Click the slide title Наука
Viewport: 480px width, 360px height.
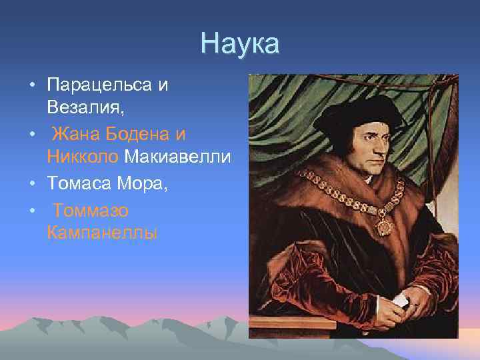point(239,45)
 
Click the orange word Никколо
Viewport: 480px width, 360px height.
point(83,158)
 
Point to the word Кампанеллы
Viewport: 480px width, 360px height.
point(103,234)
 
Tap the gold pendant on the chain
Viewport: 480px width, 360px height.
point(385,225)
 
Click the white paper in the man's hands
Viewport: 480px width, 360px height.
point(399,299)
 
